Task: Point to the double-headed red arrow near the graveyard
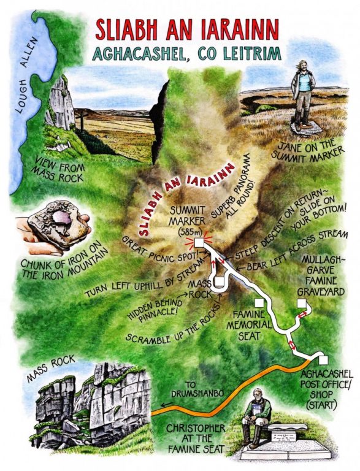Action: [x=300, y=315]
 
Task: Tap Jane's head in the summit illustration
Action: [x=304, y=66]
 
